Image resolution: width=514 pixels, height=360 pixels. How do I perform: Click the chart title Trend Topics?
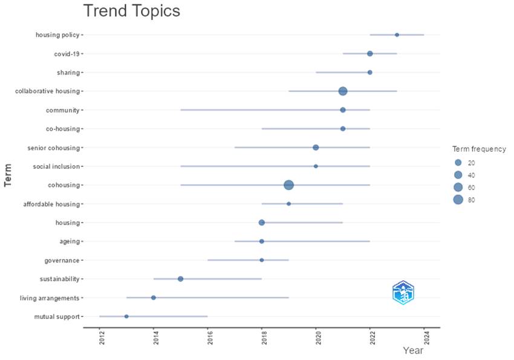click(x=131, y=11)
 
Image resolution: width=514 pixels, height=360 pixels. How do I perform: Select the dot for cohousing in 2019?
click(x=289, y=185)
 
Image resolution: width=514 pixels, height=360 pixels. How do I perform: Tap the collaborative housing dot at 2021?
click(x=343, y=91)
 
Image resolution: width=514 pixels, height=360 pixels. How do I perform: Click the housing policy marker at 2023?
click(x=397, y=35)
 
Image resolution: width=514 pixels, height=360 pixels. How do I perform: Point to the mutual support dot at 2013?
click(x=126, y=316)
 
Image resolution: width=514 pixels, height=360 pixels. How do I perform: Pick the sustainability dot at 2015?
click(x=181, y=279)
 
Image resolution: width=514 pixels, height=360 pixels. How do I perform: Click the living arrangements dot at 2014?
click(x=154, y=298)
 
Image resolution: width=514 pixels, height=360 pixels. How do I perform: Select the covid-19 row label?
click(x=67, y=54)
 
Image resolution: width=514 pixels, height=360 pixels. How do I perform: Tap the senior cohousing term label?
click(x=54, y=148)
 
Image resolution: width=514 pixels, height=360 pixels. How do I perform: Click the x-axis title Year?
click(x=413, y=350)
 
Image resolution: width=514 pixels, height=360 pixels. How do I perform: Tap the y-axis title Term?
click(x=8, y=175)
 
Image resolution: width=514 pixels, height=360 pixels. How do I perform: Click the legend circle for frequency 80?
click(x=458, y=200)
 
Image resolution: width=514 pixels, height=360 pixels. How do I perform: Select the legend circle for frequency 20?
click(x=458, y=163)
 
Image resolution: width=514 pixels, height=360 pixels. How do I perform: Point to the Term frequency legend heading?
click(x=479, y=149)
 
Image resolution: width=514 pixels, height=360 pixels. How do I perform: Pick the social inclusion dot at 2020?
click(x=316, y=166)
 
